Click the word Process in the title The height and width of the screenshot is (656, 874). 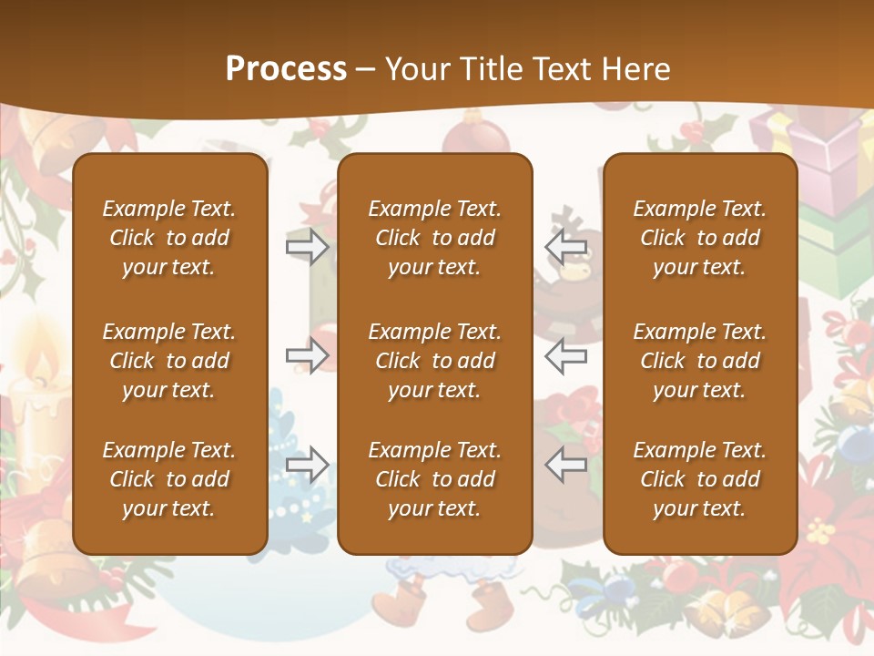(286, 69)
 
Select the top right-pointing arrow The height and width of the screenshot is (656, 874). (308, 246)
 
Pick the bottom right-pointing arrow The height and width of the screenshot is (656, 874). (308, 465)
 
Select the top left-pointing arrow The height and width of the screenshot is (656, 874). (565, 246)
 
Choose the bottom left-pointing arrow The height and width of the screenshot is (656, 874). (565, 465)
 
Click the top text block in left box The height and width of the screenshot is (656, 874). (169, 238)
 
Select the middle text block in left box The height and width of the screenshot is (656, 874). (169, 361)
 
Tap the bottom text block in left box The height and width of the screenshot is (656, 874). (169, 479)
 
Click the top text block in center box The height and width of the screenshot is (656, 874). (434, 238)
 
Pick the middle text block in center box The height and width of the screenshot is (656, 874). (434, 361)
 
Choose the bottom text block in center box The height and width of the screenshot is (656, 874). (434, 479)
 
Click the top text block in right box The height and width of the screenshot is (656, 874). (699, 238)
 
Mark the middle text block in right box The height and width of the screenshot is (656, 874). (699, 361)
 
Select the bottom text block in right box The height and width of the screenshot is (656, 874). (699, 479)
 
